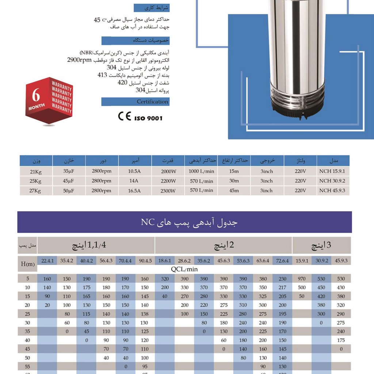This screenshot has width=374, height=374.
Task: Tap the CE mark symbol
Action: coord(124,116)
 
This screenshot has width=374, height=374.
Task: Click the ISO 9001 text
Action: coord(149,118)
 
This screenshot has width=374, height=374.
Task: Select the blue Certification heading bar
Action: coord(135,102)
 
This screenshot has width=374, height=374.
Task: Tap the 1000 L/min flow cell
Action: coord(201,171)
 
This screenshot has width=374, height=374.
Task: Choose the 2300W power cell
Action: coord(168,191)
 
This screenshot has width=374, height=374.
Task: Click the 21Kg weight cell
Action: coord(36,171)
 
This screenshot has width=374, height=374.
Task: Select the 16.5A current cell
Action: coord(134,191)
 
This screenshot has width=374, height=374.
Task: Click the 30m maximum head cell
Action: coord(234,181)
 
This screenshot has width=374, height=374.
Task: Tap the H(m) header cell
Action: coord(27,264)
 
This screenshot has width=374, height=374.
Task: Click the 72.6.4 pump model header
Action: coord(282,261)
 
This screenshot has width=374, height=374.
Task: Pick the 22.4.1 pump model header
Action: coord(47,261)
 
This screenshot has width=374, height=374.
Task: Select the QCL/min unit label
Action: coord(184,269)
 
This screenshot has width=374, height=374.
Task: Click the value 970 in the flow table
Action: coord(302,279)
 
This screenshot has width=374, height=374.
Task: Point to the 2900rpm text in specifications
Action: coord(79,60)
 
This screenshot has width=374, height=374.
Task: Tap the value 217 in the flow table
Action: coord(282,287)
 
